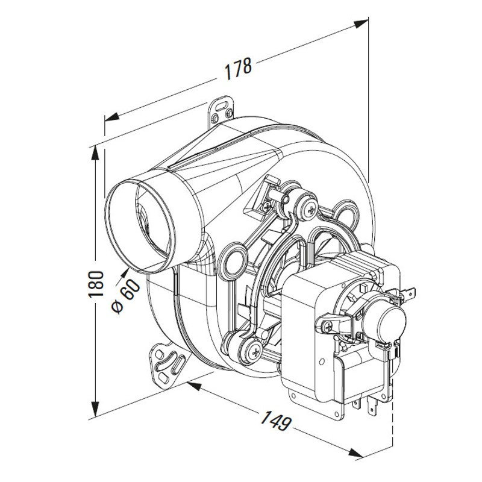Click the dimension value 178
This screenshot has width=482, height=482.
tap(238, 68)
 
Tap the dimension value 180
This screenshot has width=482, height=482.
tap(96, 284)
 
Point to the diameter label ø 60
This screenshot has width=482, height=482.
tap(126, 296)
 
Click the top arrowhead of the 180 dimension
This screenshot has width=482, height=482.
tap(96, 153)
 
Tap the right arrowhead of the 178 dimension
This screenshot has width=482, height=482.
tap(361, 23)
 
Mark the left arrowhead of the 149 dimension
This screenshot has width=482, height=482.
tap(193, 385)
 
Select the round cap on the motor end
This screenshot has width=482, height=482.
tap(393, 322)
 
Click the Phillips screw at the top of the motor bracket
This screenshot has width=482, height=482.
tap(311, 210)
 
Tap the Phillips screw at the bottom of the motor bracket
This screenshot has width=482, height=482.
tap(255, 353)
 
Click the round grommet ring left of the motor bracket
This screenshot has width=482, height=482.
tap(233, 261)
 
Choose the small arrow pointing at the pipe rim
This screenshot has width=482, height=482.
tap(123, 275)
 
